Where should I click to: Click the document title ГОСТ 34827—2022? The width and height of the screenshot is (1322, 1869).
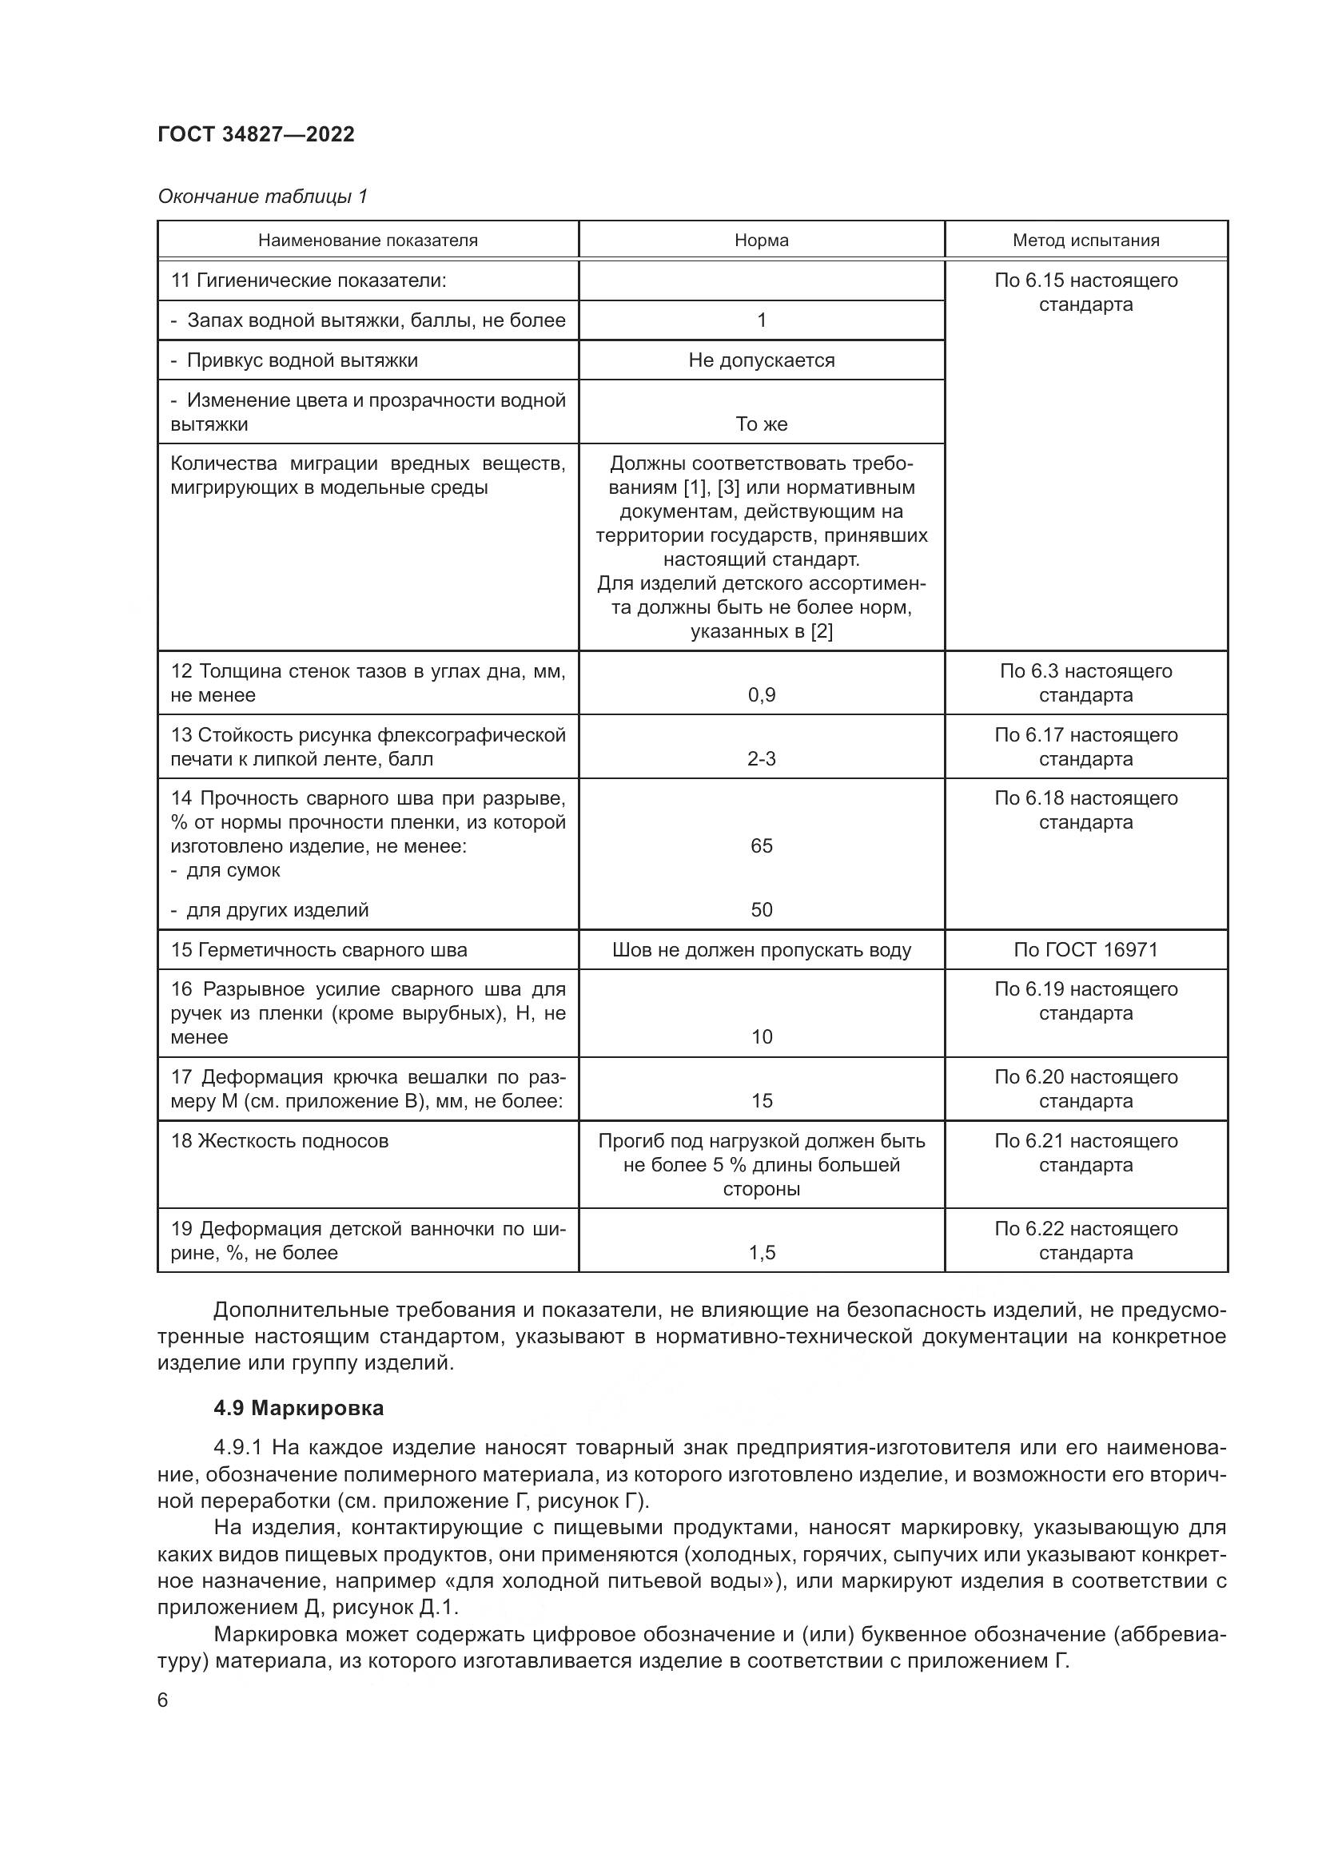256,134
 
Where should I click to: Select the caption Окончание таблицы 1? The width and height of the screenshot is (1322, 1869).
262,197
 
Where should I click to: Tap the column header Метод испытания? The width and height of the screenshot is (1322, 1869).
1085,241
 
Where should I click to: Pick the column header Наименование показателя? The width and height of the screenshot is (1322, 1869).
368,241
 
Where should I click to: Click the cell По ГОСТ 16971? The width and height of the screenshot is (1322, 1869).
1085,950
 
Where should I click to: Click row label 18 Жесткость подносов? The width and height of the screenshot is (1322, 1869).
279,1140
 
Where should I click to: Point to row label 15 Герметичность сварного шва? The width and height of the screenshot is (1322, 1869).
318,950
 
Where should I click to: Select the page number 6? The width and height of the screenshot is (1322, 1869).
163,1700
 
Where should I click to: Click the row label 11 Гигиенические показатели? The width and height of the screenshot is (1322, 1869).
309,280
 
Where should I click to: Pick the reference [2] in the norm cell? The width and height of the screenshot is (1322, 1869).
821,631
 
